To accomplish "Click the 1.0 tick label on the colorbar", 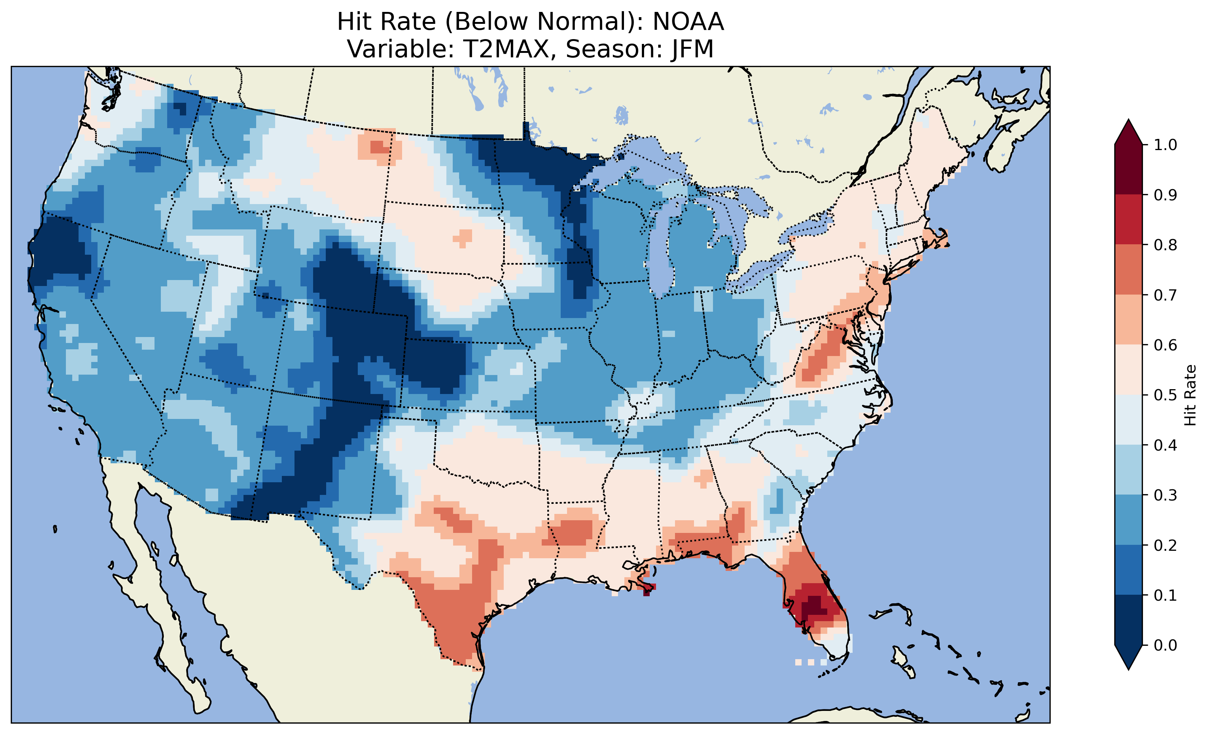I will click(x=1165, y=145).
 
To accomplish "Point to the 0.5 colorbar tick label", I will click(x=1165, y=395).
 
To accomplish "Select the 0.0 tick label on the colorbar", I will click(x=1165, y=645).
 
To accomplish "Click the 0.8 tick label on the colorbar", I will click(x=1165, y=245).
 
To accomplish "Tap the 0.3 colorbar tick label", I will click(x=1165, y=495).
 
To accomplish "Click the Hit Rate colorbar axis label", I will click(x=1190, y=395).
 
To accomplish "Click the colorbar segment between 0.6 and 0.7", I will click(x=1128, y=320).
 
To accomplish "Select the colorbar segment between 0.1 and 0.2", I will click(x=1128, y=570).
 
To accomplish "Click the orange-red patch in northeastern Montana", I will click(x=378, y=146).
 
